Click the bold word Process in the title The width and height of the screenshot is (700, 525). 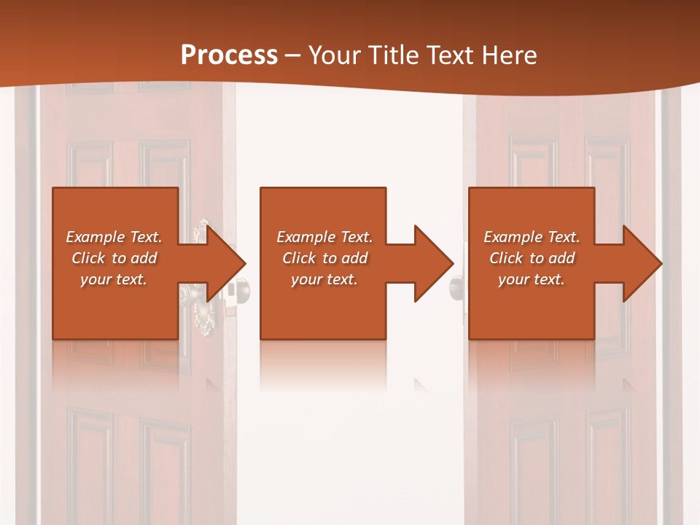point(229,55)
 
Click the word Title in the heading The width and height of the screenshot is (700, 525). point(392,55)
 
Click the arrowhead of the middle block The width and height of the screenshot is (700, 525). point(432,263)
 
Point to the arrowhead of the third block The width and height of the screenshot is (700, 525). point(641,263)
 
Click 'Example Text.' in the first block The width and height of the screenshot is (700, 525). point(114,237)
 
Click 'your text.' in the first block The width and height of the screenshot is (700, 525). point(114,279)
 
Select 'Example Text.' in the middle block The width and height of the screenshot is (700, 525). point(324,237)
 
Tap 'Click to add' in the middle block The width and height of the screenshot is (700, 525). point(324,258)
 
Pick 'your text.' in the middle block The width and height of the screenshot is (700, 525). point(324,279)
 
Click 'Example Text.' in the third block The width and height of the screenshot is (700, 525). point(532,237)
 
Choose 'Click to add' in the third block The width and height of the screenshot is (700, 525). point(532,258)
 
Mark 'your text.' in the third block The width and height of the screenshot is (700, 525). point(532,279)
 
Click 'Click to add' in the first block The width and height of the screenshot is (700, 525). point(114,258)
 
